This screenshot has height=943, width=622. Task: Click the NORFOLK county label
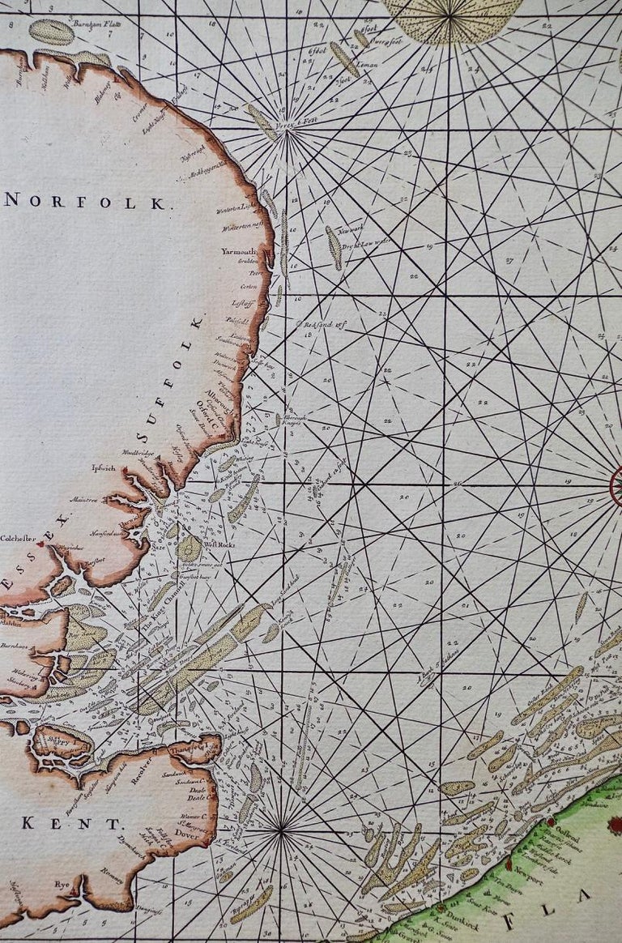pos(89,202)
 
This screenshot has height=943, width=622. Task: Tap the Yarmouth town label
pos(238,251)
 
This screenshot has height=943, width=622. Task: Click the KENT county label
pos(74,824)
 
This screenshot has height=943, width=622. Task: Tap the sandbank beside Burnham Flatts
pos(51,32)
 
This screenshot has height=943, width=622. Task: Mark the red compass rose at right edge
pos(616,487)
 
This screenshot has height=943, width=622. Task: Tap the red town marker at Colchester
pos(39,544)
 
